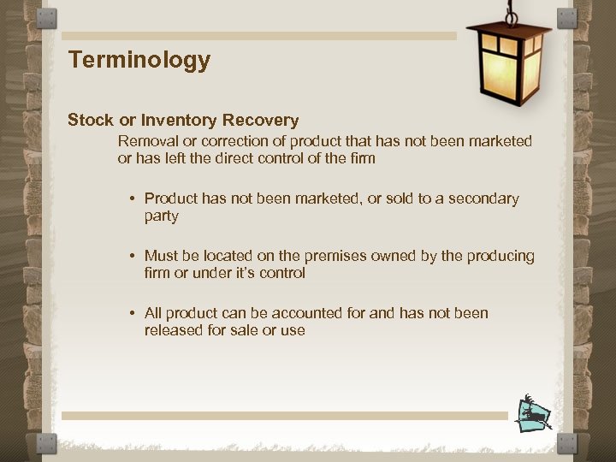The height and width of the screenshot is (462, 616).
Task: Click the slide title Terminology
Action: coord(139,61)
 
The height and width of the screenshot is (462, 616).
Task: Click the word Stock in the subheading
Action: coord(90,120)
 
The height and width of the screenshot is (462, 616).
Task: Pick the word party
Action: coord(161,216)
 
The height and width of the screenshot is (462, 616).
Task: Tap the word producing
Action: coord(500,256)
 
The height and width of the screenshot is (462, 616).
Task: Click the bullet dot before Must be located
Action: coord(133,257)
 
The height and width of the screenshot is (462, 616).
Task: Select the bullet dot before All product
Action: coord(133,314)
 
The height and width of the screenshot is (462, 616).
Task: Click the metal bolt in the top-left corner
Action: coord(48,18)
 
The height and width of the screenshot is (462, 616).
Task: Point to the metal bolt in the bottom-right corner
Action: coord(567,443)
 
